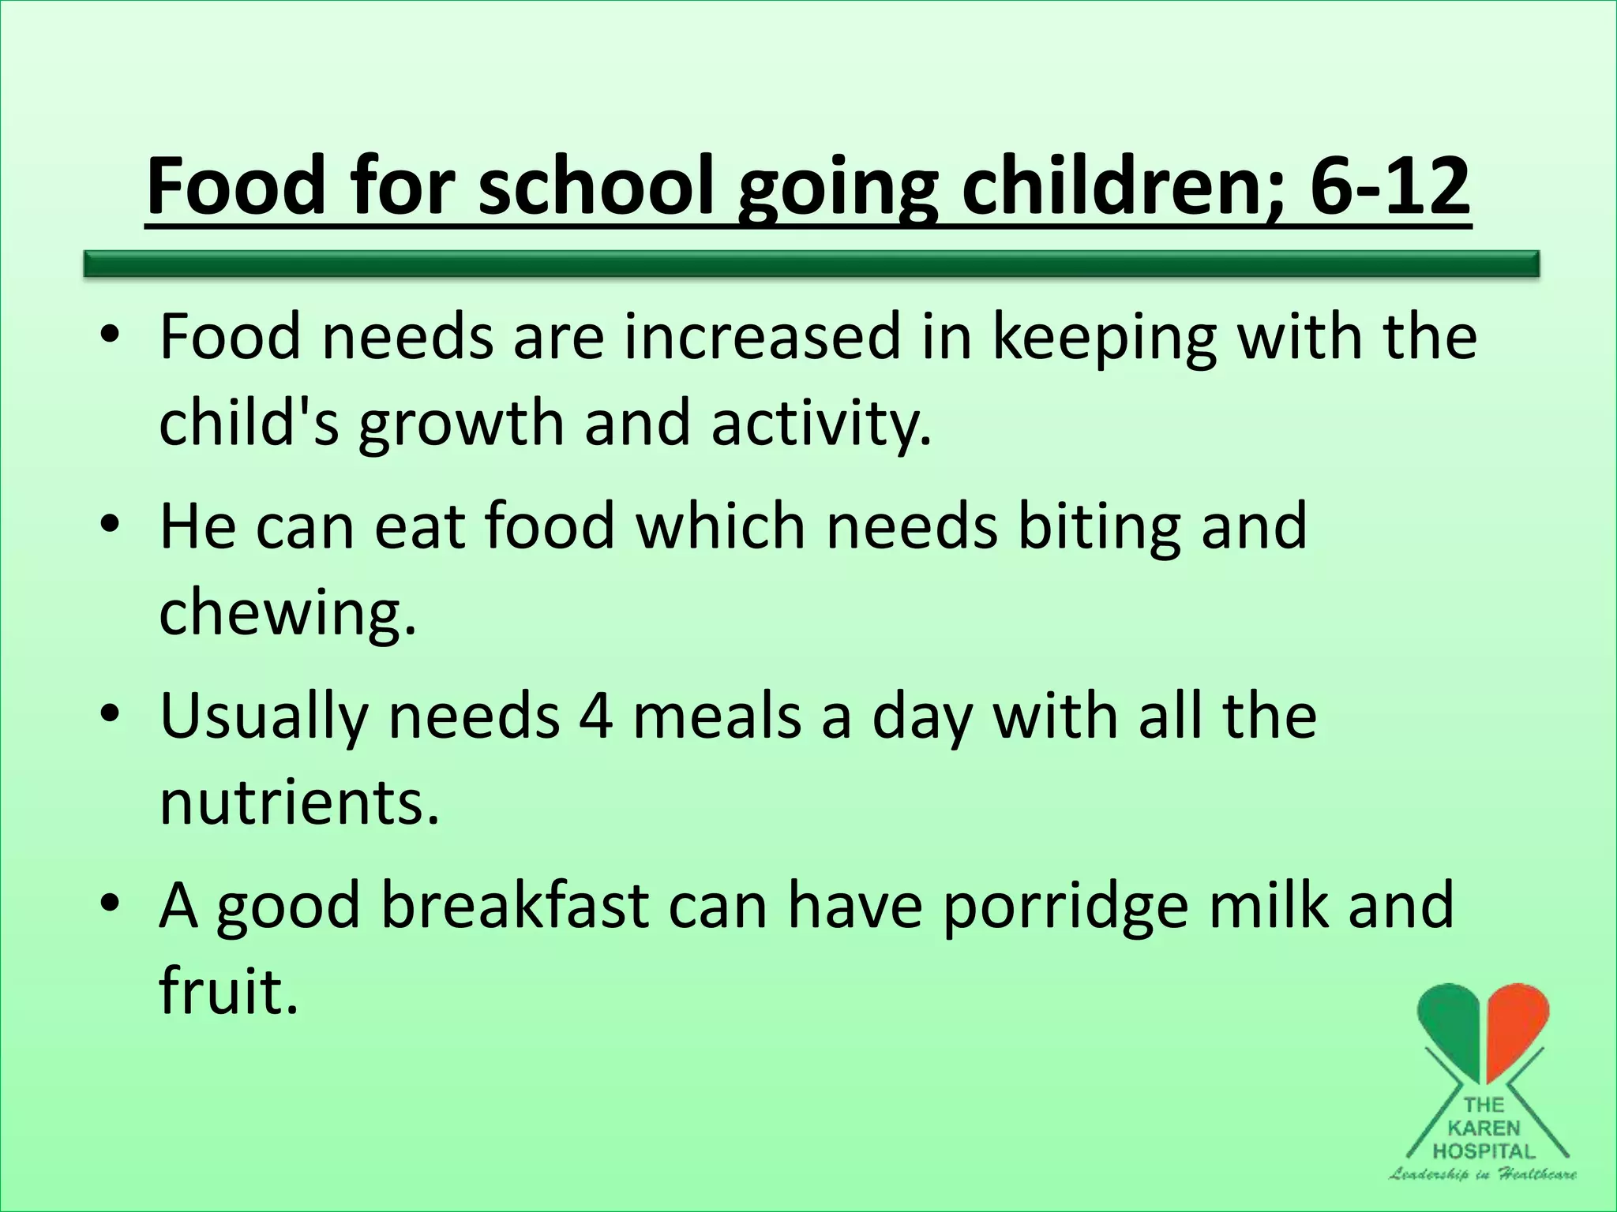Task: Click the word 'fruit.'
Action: tap(229, 991)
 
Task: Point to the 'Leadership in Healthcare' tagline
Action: tap(1484, 1174)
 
